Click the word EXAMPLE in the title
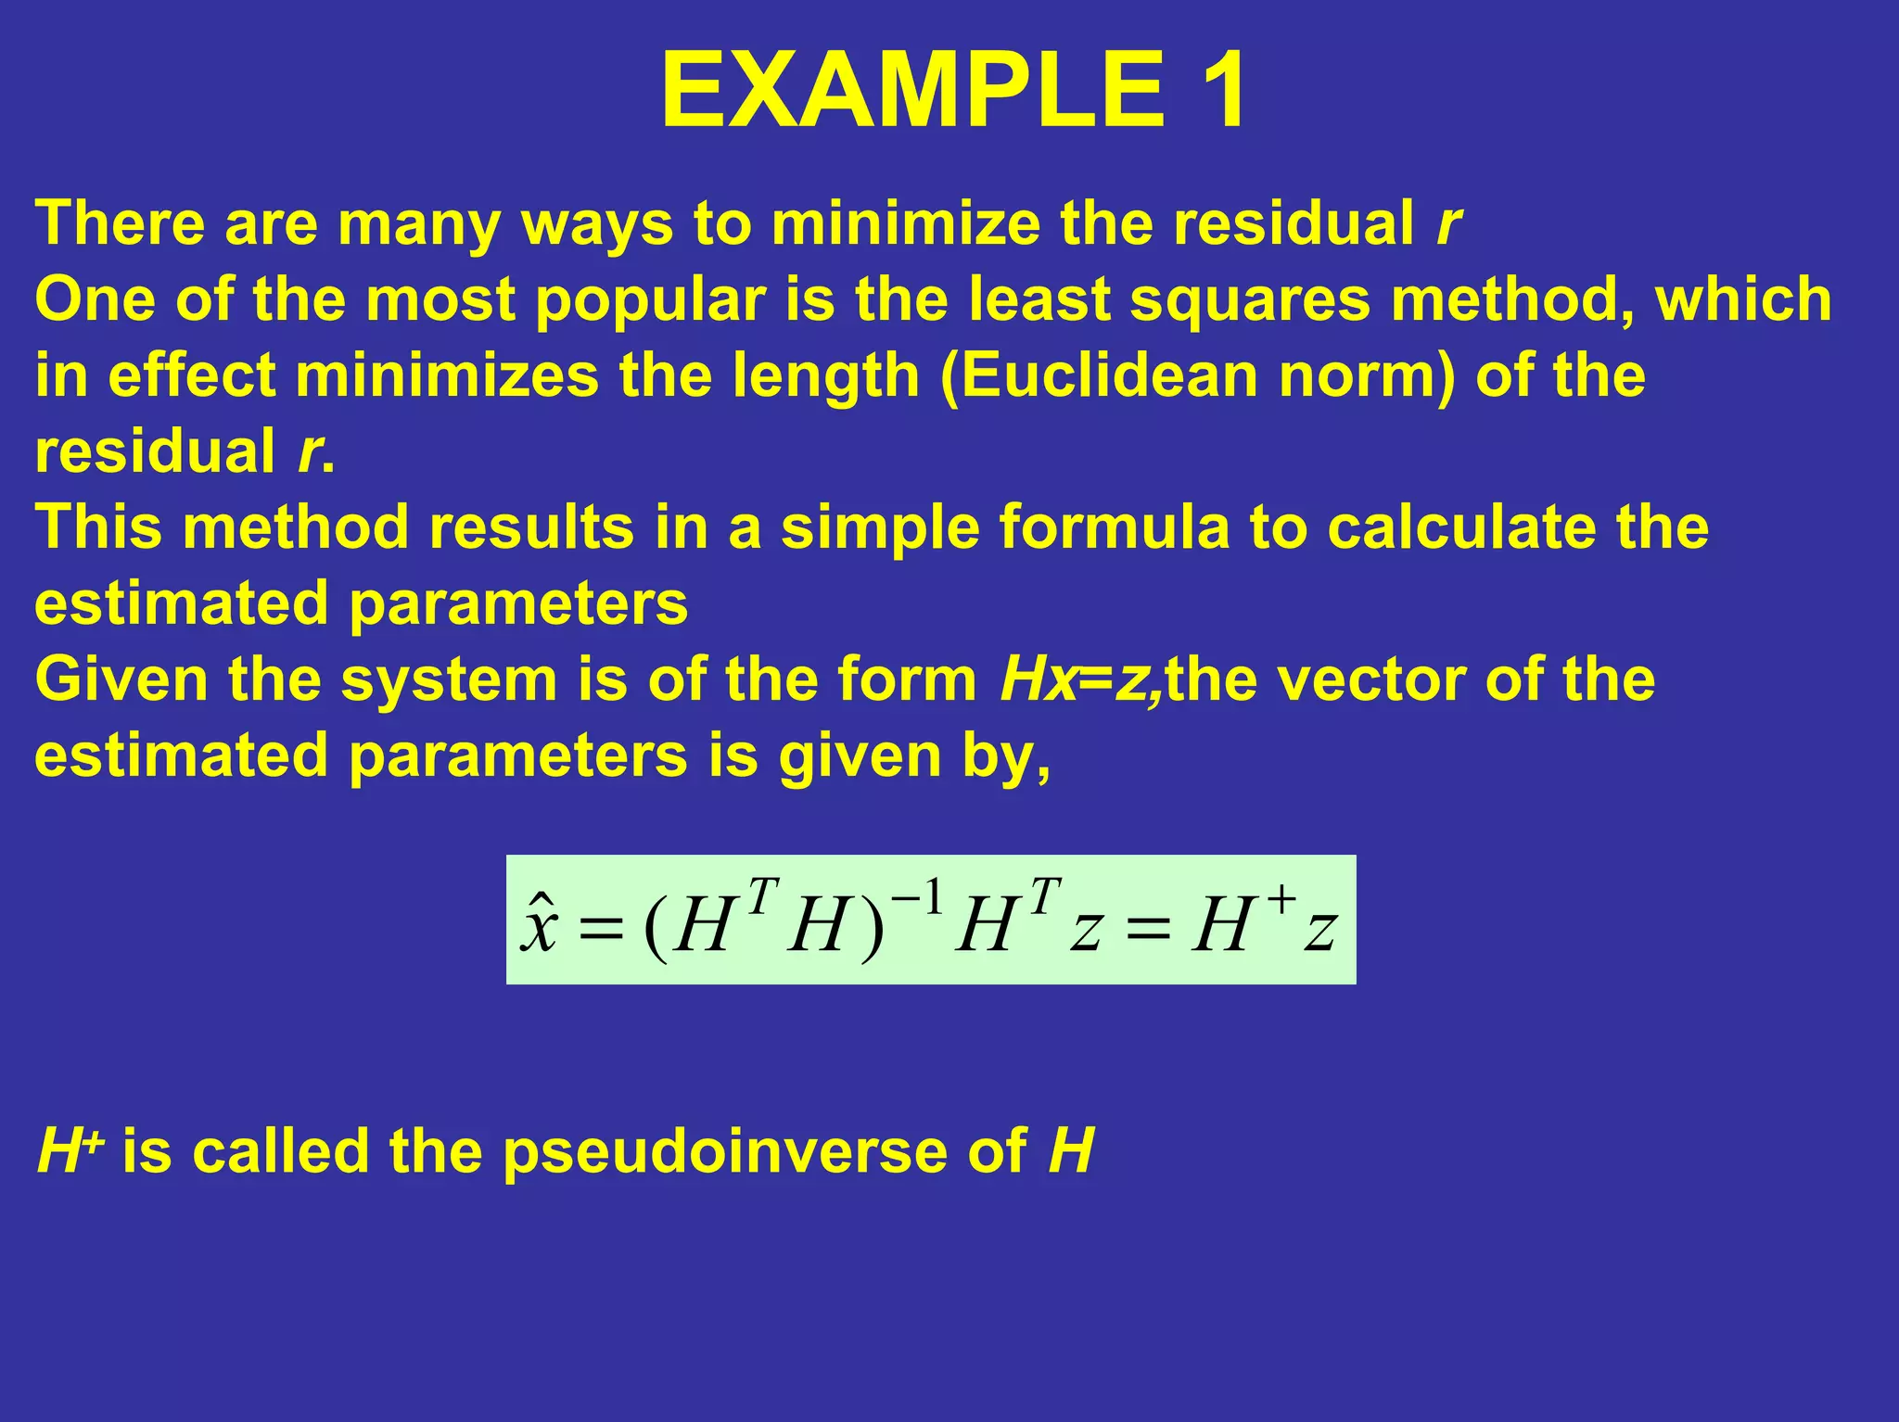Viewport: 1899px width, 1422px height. (x=912, y=90)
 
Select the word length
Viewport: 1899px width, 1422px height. (x=824, y=377)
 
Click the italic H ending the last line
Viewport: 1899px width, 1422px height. (x=1071, y=1151)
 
